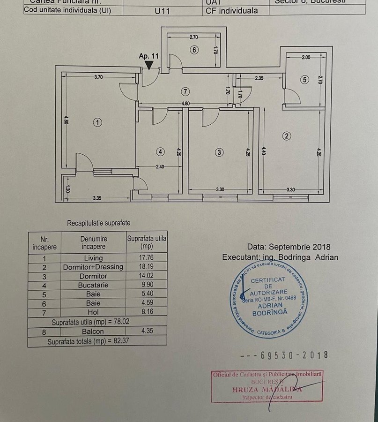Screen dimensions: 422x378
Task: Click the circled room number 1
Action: pyautogui.click(x=97, y=122)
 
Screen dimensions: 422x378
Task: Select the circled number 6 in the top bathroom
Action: pyautogui.click(x=194, y=50)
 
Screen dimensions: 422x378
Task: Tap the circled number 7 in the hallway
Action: pyautogui.click(x=185, y=91)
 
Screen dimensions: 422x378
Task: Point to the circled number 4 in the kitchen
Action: pyautogui.click(x=161, y=152)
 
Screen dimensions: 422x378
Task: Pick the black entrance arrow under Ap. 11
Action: pyautogui.click(x=148, y=65)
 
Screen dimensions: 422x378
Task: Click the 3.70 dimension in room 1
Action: pyautogui.click(x=98, y=77)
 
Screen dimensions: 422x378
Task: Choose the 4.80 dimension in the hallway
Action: pyautogui.click(x=185, y=104)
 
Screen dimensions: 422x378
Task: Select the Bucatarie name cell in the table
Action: pyautogui.click(x=93, y=285)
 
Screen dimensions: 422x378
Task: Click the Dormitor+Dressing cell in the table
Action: pyautogui.click(x=93, y=267)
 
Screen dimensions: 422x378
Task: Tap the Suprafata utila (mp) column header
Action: pyautogui.click(x=147, y=242)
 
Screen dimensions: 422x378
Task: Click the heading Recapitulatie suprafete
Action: pyautogui.click(x=99, y=223)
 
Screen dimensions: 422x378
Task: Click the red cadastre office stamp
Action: pyautogui.click(x=267, y=386)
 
